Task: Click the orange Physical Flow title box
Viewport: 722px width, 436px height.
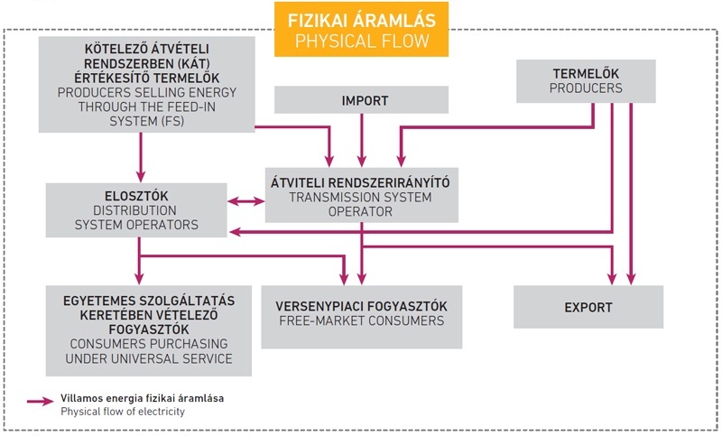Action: [362, 30]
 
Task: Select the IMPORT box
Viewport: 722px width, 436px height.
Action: [362, 99]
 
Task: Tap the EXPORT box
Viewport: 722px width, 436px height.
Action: [588, 307]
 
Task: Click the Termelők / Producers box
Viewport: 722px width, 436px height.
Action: [586, 81]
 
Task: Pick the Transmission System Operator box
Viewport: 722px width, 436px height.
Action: [362, 195]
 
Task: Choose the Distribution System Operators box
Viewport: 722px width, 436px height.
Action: [136, 210]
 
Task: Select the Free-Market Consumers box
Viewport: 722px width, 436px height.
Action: [362, 317]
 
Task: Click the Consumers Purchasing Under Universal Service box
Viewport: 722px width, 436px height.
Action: [149, 330]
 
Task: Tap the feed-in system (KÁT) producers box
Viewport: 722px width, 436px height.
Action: [146, 85]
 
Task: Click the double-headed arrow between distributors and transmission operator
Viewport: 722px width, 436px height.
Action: [245, 201]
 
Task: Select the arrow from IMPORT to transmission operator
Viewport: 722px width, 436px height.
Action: [362, 140]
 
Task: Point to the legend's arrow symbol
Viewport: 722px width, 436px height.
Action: [41, 402]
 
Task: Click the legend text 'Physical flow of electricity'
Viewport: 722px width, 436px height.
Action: [123, 412]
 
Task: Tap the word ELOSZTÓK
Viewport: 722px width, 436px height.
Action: [136, 196]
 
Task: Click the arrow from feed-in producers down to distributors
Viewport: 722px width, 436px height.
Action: [141, 157]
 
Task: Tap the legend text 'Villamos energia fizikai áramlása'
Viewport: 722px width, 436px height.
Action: [143, 398]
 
